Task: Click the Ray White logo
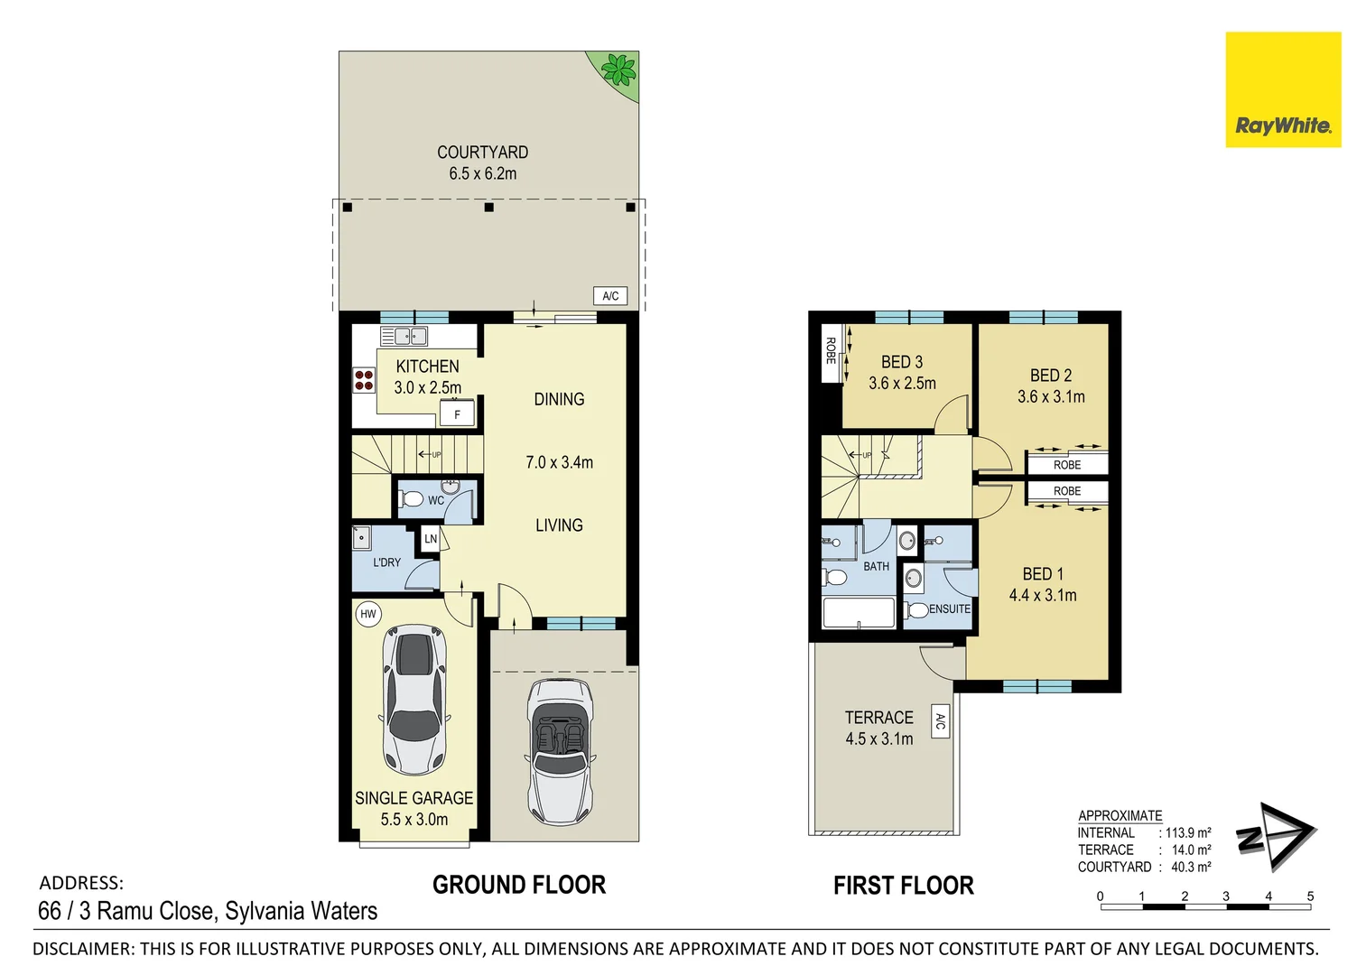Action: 1283,89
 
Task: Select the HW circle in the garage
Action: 368,614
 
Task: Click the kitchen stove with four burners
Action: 365,380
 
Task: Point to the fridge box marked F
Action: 457,414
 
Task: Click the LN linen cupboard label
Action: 431,538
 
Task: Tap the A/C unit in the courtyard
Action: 610,296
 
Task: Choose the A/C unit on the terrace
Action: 940,721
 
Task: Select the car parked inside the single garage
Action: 414,700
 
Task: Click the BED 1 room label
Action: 1043,574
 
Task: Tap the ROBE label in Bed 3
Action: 830,350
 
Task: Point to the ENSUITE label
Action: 950,608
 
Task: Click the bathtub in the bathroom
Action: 859,612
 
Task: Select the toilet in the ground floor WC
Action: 411,500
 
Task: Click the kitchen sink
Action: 404,336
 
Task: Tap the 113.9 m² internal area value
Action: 1188,832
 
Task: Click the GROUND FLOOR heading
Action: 519,885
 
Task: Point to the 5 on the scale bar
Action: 1311,896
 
